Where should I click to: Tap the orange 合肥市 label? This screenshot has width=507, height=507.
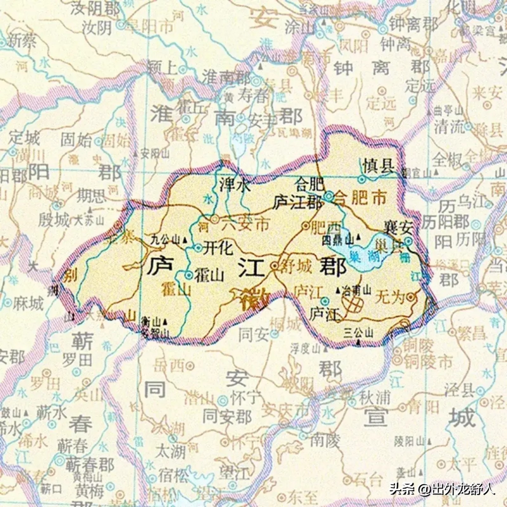(x=361, y=198)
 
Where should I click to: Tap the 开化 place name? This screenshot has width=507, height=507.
(x=218, y=248)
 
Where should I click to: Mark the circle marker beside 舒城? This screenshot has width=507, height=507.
(x=274, y=266)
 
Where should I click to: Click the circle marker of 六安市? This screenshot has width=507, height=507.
(x=215, y=219)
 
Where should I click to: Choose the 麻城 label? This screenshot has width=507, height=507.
(x=28, y=305)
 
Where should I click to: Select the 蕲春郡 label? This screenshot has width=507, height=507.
(x=89, y=465)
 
